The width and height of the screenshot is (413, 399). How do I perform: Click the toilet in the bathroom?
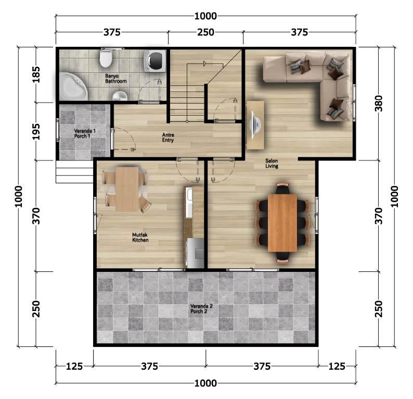tap(106, 58)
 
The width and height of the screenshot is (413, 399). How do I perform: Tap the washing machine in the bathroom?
tap(155, 61)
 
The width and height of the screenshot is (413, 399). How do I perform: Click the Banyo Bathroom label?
tap(115, 79)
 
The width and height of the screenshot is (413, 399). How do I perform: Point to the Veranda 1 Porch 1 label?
tap(85, 133)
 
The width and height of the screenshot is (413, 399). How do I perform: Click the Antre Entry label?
tap(168, 138)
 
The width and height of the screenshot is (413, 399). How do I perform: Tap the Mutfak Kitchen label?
tap(140, 238)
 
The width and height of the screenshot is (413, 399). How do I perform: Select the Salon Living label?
tap(272, 163)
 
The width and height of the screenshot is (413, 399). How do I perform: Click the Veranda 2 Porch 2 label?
tap(201, 309)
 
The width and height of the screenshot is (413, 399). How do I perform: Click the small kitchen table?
tap(127, 189)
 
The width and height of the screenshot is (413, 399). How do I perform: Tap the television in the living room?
tap(256, 124)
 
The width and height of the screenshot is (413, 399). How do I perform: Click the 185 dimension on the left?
tap(36, 74)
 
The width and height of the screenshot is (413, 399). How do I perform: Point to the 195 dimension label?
tap(36, 132)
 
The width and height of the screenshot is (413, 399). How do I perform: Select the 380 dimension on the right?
tap(379, 103)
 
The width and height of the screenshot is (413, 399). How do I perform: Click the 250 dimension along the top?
tap(205, 32)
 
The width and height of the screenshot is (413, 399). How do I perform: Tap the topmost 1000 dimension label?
tap(205, 16)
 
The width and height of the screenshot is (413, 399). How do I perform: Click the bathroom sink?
tap(120, 96)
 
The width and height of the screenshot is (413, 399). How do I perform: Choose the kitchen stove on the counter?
tap(195, 253)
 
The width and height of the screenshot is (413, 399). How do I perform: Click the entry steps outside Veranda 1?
tap(74, 171)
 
